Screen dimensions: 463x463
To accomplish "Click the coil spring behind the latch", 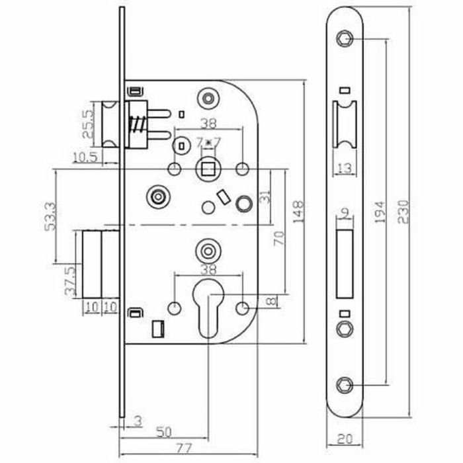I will [x=138, y=125].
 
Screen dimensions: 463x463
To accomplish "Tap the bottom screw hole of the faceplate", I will [x=345, y=386].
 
